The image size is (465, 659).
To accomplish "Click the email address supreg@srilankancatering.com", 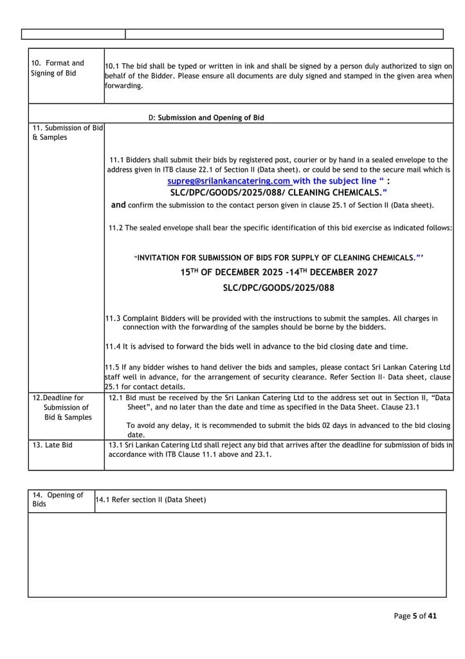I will pyautogui.click(x=228, y=181).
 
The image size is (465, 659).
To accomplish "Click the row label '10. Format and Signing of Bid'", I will pyautogui.click(x=58, y=68).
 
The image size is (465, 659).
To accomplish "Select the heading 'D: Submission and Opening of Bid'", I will pyautogui.click(x=206, y=118).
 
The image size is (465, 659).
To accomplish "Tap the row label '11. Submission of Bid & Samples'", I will pyautogui.click(x=67, y=133).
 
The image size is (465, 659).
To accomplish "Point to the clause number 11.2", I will pyautogui.click(x=116, y=227).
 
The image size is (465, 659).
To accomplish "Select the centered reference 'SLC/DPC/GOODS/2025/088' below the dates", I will pyautogui.click(x=278, y=288).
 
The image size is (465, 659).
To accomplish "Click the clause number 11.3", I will pyautogui.click(x=113, y=319).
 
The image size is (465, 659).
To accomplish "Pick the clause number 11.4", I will pyautogui.click(x=113, y=346).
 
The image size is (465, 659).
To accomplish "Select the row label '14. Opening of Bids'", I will pyautogui.click(x=57, y=499).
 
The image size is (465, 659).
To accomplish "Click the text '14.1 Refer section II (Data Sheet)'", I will pyautogui.click(x=150, y=500).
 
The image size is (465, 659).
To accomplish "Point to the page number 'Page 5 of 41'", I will pyautogui.click(x=415, y=616).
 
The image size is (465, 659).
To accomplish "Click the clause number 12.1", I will pyautogui.click(x=116, y=398).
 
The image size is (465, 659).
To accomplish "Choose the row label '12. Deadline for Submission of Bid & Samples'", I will pyautogui.click(x=62, y=407).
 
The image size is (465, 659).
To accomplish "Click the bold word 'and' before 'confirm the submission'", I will pyautogui.click(x=118, y=205).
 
